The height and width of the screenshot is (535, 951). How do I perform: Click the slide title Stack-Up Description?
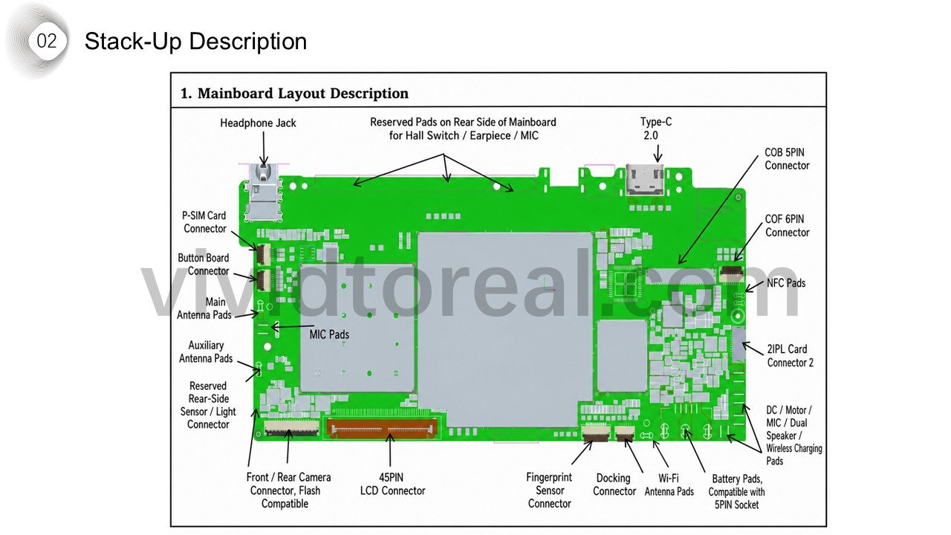(195, 42)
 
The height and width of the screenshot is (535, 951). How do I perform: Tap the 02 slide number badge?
(47, 41)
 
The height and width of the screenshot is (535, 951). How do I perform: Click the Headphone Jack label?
(258, 123)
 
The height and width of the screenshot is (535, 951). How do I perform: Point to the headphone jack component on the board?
(264, 192)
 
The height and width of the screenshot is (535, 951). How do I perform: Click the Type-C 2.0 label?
(656, 129)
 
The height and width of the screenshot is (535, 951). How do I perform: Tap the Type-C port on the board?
(645, 180)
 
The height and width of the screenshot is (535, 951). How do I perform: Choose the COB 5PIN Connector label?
(787, 159)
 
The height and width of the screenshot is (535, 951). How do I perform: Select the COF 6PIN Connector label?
(787, 225)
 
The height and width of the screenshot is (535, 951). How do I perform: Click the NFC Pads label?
(786, 283)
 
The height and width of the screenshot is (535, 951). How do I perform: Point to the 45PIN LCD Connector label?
(392, 484)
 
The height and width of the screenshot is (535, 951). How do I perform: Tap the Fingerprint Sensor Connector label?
(549, 490)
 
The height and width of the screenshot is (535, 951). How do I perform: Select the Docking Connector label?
(614, 484)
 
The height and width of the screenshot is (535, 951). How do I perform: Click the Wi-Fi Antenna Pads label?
(669, 485)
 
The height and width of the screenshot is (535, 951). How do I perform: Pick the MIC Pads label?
(329, 334)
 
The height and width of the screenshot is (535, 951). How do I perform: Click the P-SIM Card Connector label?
(204, 222)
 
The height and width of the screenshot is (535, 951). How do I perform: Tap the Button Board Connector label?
(204, 265)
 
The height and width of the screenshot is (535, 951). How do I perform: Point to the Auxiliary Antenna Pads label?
(206, 352)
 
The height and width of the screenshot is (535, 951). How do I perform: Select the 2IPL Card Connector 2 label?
(790, 356)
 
